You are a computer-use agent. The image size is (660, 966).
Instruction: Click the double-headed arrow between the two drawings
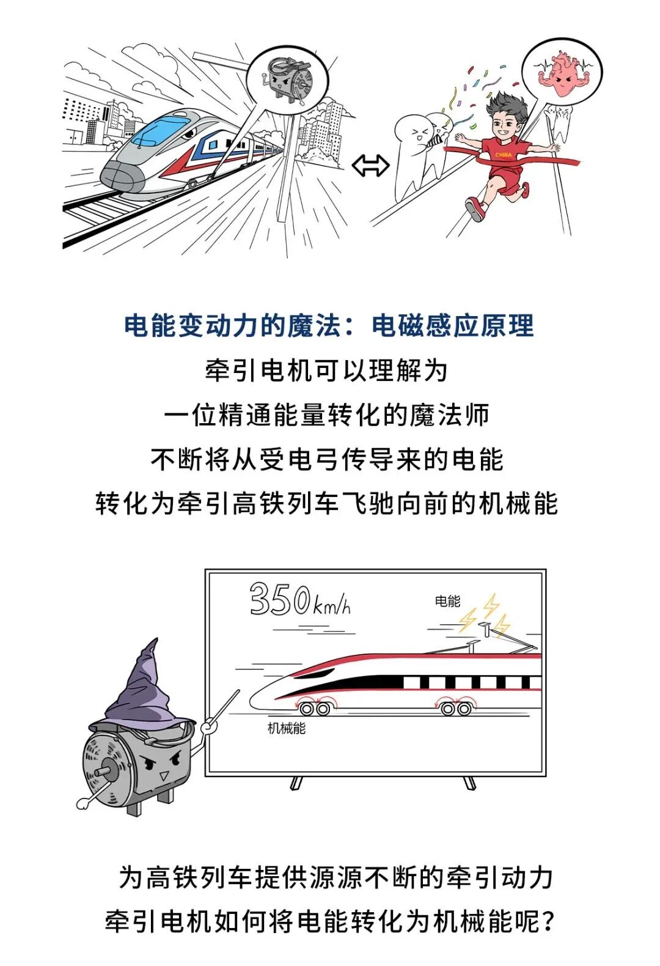370,166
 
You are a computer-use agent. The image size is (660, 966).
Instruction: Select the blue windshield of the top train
159,128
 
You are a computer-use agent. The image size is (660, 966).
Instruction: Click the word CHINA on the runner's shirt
504,155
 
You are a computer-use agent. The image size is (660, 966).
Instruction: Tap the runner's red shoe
474,209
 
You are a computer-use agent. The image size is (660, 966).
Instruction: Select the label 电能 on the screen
447,601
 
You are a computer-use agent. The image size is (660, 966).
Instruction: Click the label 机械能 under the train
286,728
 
